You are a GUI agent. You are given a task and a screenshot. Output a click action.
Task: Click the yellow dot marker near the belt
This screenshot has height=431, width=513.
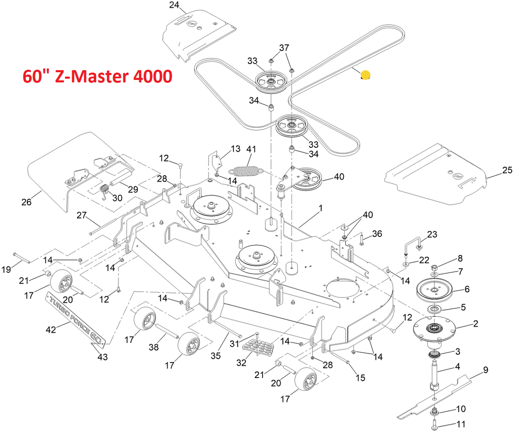[x=365, y=75]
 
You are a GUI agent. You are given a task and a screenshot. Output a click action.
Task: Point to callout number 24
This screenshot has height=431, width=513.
[x=174, y=6]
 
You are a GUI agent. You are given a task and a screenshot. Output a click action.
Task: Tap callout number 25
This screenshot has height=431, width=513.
[x=507, y=170]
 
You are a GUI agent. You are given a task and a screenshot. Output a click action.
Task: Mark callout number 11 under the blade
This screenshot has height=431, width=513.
[x=461, y=425]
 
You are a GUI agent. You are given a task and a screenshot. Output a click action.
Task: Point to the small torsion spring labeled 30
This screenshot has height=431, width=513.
[x=104, y=190]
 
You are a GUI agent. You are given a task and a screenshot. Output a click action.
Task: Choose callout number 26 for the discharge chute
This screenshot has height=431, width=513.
[x=27, y=202]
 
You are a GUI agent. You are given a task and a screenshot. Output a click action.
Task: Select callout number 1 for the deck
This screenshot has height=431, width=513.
[x=320, y=207]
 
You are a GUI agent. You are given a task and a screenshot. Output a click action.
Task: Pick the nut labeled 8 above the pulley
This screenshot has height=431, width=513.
[x=434, y=268]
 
